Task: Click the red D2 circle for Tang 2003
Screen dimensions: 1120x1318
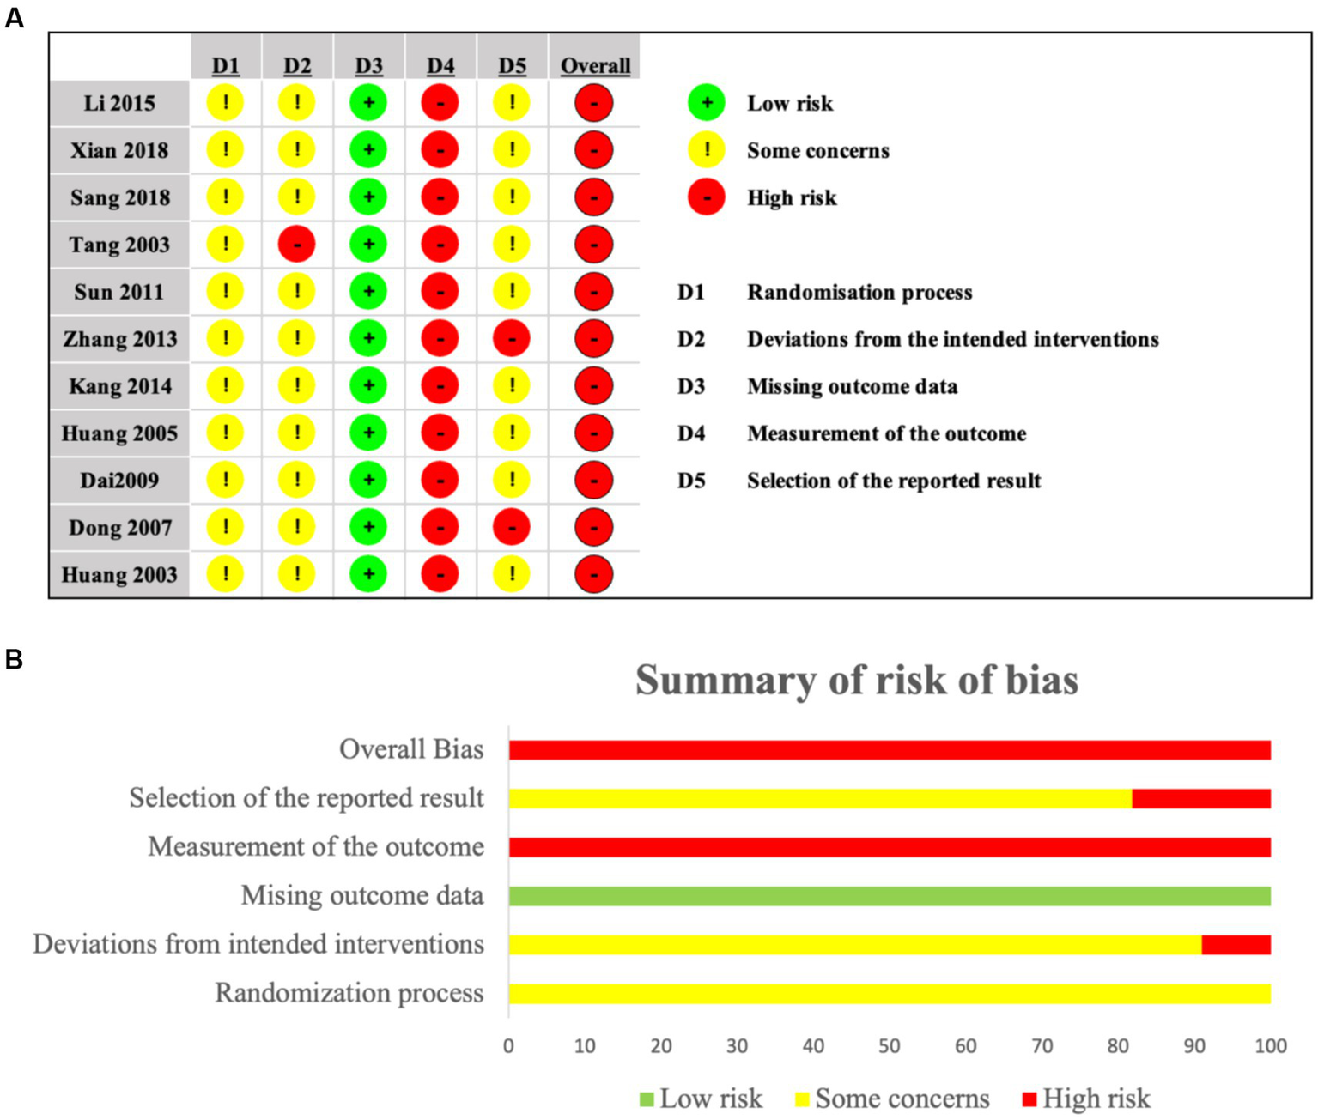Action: pyautogui.click(x=296, y=245)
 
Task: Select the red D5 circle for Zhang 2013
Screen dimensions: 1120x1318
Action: pyautogui.click(x=512, y=339)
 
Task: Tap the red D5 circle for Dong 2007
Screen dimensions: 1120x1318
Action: pyautogui.click(x=512, y=527)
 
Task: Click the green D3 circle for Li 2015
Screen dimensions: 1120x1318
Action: pyautogui.click(x=368, y=103)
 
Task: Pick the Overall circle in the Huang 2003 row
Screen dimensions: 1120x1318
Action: pyautogui.click(x=594, y=574)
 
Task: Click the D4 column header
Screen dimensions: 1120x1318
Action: pyautogui.click(x=440, y=66)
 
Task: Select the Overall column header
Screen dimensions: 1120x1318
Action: pyautogui.click(x=595, y=66)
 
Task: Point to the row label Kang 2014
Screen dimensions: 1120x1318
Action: pyautogui.click(x=120, y=386)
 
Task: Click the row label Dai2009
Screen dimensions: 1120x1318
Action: pyautogui.click(x=119, y=481)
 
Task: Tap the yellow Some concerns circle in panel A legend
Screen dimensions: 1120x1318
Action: pyautogui.click(x=707, y=150)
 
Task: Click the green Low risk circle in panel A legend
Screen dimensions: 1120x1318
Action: pyautogui.click(x=707, y=103)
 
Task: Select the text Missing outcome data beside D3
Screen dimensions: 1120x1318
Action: pyautogui.click(x=852, y=386)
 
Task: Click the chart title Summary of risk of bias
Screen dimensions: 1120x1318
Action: pyautogui.click(x=857, y=680)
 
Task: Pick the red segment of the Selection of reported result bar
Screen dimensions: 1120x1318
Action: pyautogui.click(x=1201, y=798)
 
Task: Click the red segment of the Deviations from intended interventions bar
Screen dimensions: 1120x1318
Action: pyautogui.click(x=1236, y=945)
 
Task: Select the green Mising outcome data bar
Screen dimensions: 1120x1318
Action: pyautogui.click(x=889, y=896)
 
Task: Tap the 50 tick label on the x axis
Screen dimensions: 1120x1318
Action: pyautogui.click(x=889, y=1046)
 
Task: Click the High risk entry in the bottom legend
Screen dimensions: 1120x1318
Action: pyautogui.click(x=1086, y=1099)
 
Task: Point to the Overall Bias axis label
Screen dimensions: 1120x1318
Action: pyautogui.click(x=411, y=749)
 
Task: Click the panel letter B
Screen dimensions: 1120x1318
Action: pyautogui.click(x=14, y=659)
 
